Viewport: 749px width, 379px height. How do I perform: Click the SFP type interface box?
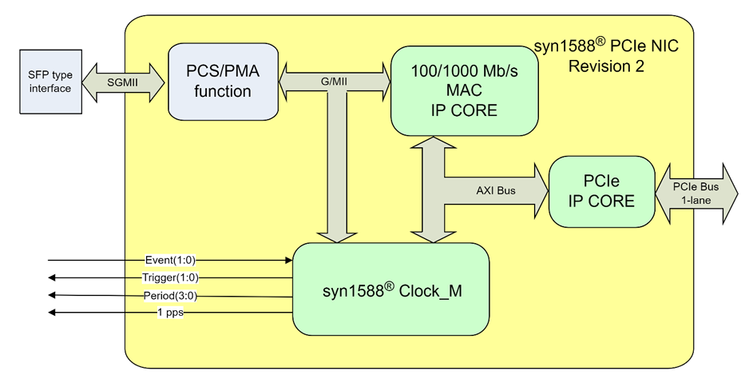[x=50, y=81]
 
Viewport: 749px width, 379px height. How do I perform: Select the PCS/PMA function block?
[x=223, y=82]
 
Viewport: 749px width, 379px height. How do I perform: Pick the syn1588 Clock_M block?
[x=390, y=289]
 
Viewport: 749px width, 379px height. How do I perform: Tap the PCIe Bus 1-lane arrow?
[x=696, y=193]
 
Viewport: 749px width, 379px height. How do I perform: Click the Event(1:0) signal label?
[x=169, y=260]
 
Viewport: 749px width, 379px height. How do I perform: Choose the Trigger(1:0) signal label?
[x=169, y=277]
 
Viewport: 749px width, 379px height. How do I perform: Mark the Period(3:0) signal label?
[x=169, y=295]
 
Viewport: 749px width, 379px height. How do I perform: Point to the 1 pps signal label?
[x=169, y=313]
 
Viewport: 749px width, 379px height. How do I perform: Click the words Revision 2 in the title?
[x=606, y=66]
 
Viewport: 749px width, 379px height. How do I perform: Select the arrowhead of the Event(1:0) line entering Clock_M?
[x=289, y=260]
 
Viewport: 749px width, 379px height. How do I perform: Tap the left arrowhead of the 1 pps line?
[x=52, y=313]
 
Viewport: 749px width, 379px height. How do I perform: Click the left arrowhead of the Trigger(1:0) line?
[x=52, y=277]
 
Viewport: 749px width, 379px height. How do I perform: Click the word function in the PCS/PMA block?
[x=223, y=92]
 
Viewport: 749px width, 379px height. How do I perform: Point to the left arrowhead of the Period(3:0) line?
[x=52, y=295]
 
